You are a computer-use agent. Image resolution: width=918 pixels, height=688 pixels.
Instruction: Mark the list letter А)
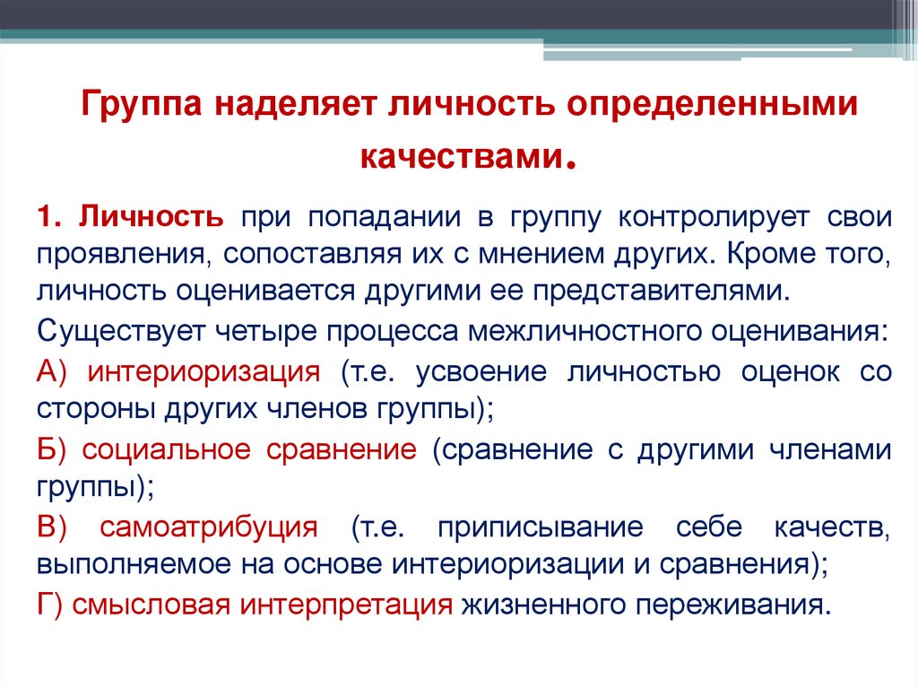pyautogui.click(x=55, y=371)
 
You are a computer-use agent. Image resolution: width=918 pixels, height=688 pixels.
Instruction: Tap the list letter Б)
pyautogui.click(x=55, y=449)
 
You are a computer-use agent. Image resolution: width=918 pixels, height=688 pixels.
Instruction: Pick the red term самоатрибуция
pyautogui.click(x=208, y=527)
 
